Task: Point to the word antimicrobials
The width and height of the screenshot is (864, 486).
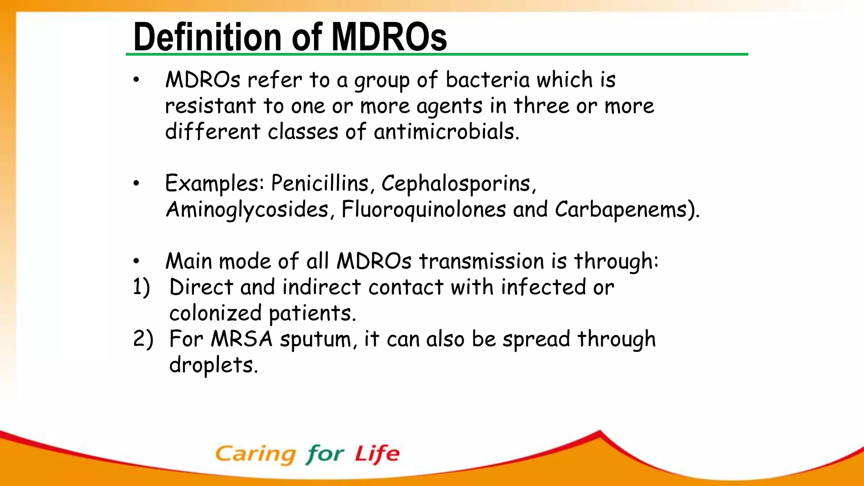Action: pos(446,132)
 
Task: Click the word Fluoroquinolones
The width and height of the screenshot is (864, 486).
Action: pos(424,210)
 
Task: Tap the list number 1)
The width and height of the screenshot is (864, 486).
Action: pos(142,288)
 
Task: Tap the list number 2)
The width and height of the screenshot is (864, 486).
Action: pos(143,339)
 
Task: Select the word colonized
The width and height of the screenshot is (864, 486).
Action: pos(215,313)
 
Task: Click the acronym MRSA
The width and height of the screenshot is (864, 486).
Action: pos(242,339)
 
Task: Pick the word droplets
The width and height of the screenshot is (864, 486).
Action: pos(213,365)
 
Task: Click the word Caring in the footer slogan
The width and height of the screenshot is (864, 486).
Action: pos(256,455)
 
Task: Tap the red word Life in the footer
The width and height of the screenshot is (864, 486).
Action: pos(376,454)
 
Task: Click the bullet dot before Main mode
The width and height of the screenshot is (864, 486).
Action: pos(136,262)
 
